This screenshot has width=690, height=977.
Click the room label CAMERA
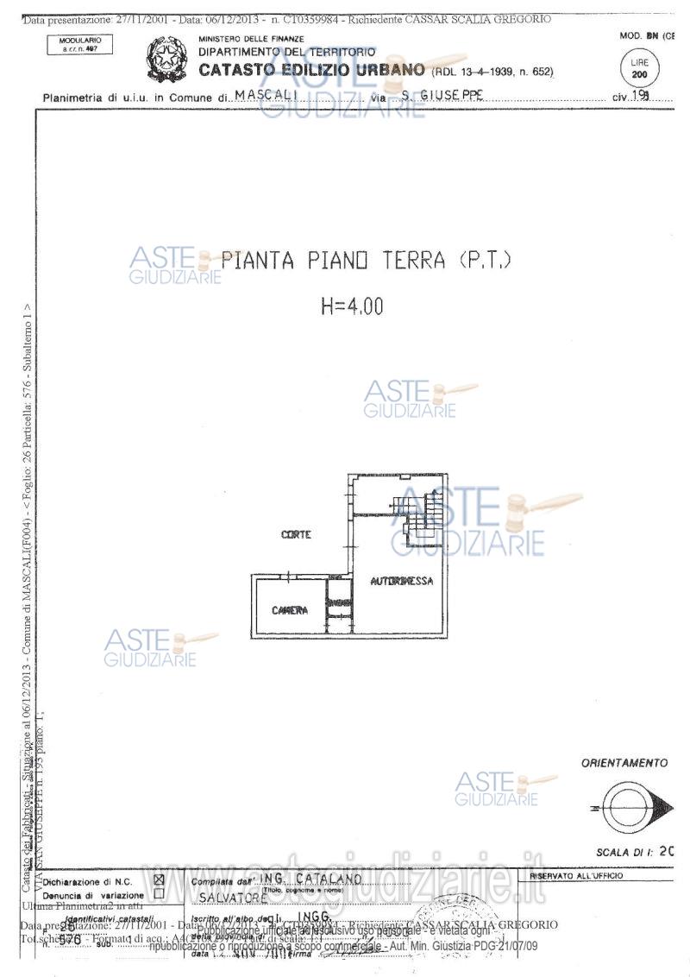click(291, 611)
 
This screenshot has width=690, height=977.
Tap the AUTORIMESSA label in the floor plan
click(402, 582)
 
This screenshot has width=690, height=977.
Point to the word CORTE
click(296, 535)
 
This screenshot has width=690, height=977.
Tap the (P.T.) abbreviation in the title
click(486, 260)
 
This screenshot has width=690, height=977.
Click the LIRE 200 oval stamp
click(639, 68)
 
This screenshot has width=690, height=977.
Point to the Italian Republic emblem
click(165, 58)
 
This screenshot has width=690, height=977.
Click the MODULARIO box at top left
click(80, 44)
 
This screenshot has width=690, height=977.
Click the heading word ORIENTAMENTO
click(624, 763)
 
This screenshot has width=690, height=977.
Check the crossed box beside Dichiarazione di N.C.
click(158, 880)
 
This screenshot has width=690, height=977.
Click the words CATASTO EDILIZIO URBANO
click(311, 70)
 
